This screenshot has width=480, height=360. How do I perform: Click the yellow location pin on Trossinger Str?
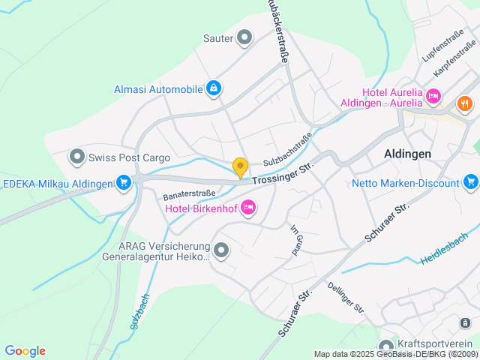[240, 168]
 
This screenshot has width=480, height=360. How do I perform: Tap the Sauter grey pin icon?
[244, 37]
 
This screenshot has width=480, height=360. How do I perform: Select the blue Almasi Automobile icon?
[214, 89]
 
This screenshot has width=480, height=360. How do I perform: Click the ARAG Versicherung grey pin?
[221, 250]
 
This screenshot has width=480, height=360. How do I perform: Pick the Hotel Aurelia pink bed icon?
[433, 97]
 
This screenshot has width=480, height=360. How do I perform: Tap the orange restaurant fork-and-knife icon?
[464, 104]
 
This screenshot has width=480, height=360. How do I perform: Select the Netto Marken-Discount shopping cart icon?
[471, 182]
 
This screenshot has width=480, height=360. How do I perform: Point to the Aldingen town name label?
[407, 153]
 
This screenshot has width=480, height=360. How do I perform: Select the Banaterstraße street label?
[190, 194]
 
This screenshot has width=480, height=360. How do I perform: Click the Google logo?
[25, 351]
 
